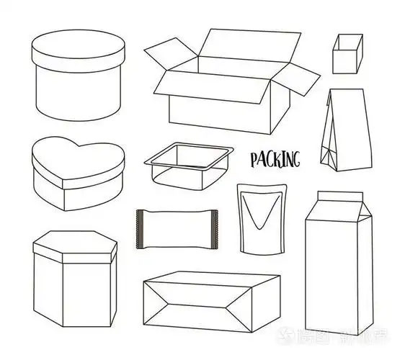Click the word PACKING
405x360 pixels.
[275, 158]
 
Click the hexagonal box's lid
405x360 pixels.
[74, 245]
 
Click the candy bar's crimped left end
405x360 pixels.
[140, 227]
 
